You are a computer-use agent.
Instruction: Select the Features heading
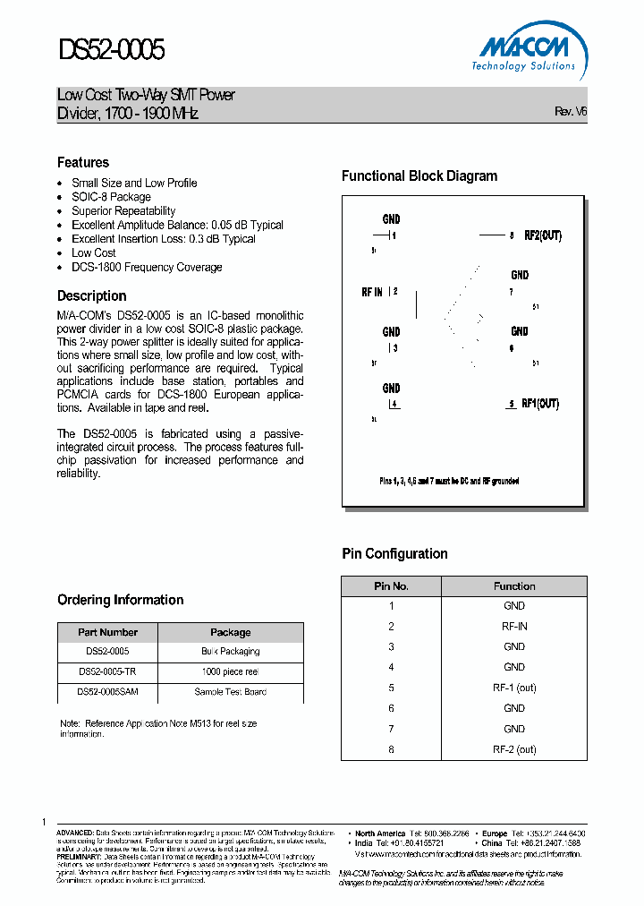coord(83,162)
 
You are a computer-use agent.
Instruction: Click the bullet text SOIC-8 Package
coord(111,197)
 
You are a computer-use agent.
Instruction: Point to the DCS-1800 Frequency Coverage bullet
coord(147,267)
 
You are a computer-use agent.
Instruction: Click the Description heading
coord(92,295)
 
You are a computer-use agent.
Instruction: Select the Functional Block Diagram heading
coord(419,176)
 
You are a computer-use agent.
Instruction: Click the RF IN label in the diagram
coord(372,292)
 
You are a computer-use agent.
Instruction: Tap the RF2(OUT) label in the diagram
coord(542,235)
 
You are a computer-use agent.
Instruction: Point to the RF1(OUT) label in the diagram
coord(540,404)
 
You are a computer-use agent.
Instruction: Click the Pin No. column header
coord(391,586)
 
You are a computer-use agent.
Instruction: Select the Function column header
coord(514,586)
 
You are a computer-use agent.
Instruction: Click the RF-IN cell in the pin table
coord(514,627)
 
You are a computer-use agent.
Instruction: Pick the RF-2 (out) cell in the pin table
coord(514,749)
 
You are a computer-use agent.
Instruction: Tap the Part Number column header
coord(107,632)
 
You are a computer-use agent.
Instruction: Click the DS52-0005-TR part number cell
coord(107,671)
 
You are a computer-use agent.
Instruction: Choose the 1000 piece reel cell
coord(230,671)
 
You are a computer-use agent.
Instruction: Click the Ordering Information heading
coord(121,600)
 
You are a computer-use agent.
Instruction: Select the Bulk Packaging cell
coord(230,651)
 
